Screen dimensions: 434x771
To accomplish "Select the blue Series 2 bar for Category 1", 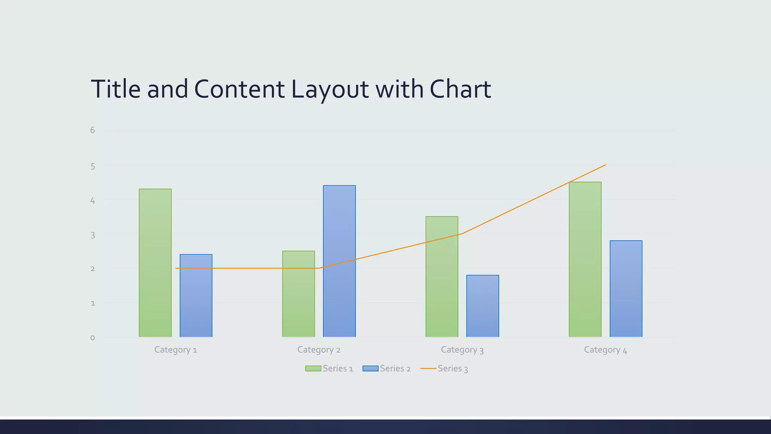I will [196, 295].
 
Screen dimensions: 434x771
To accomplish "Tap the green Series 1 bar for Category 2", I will [299, 294].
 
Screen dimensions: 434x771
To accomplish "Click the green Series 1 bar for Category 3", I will [442, 277].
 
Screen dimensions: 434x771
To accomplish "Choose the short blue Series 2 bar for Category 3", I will [483, 306].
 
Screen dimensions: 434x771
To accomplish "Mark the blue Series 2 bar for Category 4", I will [626, 289].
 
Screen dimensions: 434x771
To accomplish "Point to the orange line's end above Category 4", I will [605, 165].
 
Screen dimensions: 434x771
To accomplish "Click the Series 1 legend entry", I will [329, 368].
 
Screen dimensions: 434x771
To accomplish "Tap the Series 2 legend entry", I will [387, 368].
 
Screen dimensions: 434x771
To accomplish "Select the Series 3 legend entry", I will [444, 368].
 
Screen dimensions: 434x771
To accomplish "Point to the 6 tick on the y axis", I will [93, 130].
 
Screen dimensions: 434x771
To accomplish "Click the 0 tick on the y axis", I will [93, 338].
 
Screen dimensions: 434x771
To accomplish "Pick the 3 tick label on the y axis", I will [93, 235].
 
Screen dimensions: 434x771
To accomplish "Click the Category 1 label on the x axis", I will [176, 350].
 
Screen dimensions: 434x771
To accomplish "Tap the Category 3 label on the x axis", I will [462, 350].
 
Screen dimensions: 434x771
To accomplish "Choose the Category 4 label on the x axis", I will [605, 350].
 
